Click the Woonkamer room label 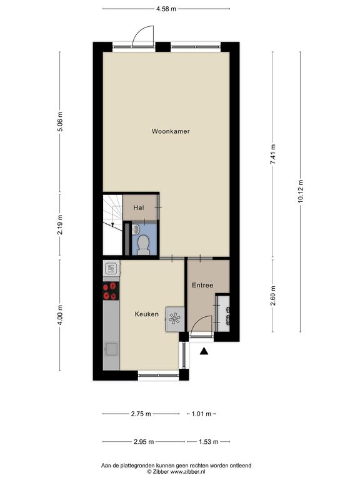point(171,131)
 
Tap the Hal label point(138,208)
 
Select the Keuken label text point(147,314)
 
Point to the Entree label point(202,285)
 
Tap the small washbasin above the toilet point(136,229)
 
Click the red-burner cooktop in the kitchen point(111,291)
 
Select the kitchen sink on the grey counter point(111,349)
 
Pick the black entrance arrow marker point(204,351)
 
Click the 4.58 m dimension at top point(166,9)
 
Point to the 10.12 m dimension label point(300,191)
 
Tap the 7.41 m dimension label point(272,154)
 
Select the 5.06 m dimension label point(60,122)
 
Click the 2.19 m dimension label point(60,224)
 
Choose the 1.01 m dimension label point(201,414)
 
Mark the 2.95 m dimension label point(144,442)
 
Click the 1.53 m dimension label point(209,442)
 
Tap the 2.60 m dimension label point(272,296)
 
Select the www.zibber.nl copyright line point(176,472)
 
